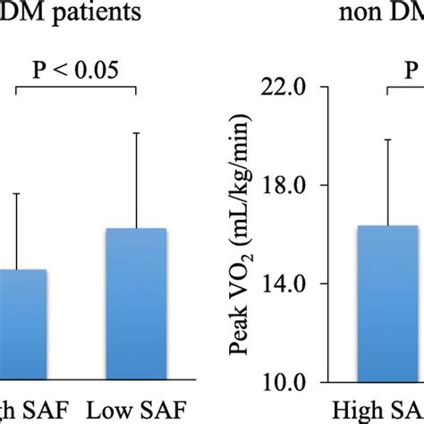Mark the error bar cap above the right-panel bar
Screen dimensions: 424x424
click(x=388, y=140)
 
